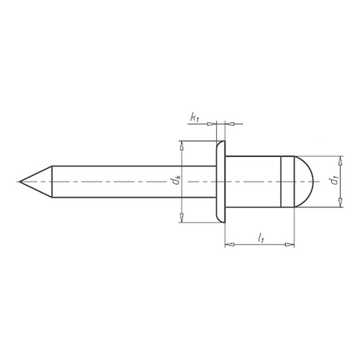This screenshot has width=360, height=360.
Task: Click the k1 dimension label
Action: tap(194, 118)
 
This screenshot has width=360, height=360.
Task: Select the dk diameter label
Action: tap(176, 182)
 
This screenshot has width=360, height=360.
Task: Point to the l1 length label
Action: tap(262, 237)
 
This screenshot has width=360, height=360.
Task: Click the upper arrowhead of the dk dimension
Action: tap(183, 147)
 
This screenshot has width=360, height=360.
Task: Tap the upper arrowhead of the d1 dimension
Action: tap(340, 160)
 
